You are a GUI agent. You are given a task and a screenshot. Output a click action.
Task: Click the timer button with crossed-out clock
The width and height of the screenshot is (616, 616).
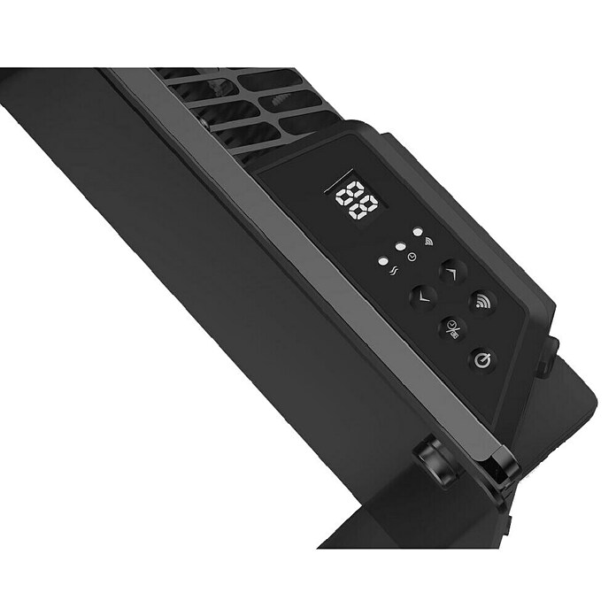tap(452, 329)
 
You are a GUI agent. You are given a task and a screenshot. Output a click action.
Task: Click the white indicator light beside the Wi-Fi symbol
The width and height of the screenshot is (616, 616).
tap(418, 231)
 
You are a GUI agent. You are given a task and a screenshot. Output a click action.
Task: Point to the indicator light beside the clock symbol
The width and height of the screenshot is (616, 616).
tap(400, 247)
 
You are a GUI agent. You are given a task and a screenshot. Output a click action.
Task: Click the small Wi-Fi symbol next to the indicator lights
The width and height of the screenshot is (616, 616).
tap(427, 241)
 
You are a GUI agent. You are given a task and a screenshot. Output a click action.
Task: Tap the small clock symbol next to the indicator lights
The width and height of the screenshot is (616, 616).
tap(412, 257)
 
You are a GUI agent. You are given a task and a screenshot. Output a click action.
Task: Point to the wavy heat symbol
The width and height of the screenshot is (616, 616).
tap(394, 271)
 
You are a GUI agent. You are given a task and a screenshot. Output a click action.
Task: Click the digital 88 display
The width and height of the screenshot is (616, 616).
tap(357, 200)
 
